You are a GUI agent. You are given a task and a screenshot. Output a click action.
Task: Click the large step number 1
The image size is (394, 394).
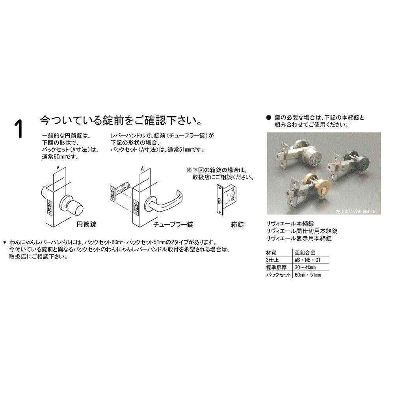19,129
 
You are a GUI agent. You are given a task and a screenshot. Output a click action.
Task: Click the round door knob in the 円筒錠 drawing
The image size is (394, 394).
72,205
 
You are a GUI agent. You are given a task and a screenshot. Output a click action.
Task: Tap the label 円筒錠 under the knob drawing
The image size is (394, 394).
86,224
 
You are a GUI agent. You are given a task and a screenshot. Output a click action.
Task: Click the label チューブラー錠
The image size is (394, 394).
173,225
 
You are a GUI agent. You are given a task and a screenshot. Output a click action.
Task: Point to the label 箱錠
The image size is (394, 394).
237,225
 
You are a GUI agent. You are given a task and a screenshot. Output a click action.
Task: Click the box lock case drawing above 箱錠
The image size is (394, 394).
227,200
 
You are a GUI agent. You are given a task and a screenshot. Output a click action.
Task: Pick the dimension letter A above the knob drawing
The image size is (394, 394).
58,167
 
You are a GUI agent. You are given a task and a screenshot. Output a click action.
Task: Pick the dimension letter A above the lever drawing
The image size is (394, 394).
143,169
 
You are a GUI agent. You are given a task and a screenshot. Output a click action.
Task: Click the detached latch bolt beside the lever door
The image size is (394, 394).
120,191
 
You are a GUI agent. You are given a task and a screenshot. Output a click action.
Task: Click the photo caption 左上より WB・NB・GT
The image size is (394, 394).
356,212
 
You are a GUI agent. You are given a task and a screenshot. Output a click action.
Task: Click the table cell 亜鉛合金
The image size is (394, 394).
305,253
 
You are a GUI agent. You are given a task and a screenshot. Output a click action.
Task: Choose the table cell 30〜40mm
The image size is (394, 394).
305,268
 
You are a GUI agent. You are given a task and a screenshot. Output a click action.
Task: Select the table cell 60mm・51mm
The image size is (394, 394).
308,275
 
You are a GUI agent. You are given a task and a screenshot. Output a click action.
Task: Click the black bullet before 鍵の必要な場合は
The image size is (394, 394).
269,117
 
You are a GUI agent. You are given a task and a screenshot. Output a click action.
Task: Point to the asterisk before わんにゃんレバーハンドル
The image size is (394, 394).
4,243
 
